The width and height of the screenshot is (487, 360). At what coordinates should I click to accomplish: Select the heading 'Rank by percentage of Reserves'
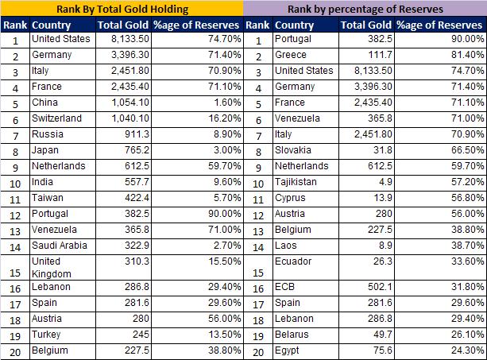pyautogui.click(x=365, y=10)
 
